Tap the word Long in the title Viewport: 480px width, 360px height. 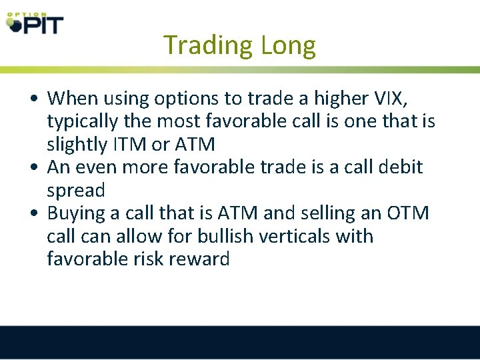point(288,45)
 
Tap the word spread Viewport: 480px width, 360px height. point(76,191)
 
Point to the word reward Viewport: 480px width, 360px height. point(200,259)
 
